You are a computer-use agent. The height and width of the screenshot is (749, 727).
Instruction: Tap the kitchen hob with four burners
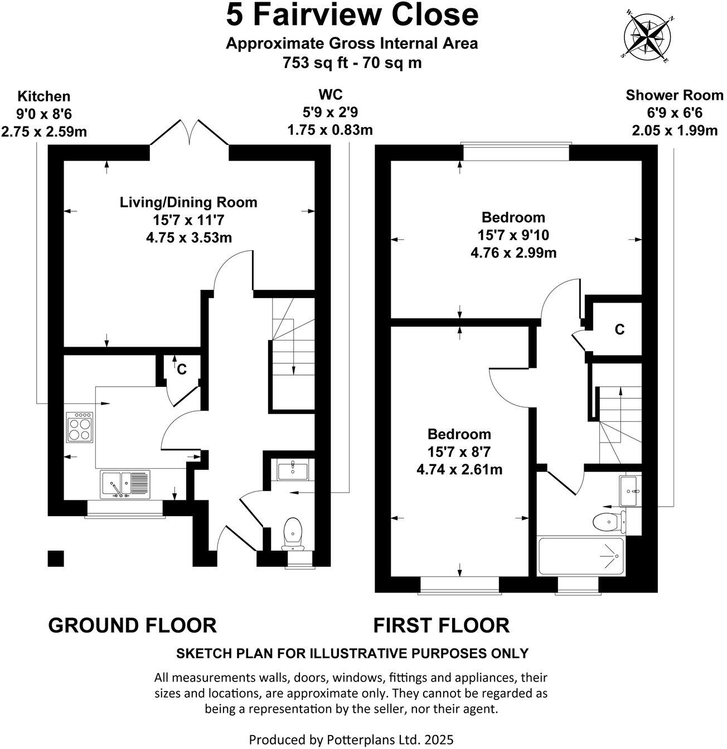79,427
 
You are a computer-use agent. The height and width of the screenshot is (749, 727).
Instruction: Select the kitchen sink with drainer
125,484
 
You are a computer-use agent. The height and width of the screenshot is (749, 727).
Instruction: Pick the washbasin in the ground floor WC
292,469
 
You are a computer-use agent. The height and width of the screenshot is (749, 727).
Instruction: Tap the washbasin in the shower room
631,490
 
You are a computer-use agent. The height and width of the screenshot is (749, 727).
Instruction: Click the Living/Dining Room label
188,202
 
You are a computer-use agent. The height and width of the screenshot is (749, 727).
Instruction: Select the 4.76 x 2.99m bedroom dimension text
513,253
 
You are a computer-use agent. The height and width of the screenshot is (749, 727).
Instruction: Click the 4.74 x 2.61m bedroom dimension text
459,469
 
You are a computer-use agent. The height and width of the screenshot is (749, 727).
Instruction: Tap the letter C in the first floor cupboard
619,329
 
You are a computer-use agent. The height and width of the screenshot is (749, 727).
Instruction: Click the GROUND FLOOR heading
132,625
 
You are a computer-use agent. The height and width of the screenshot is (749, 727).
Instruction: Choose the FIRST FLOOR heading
441,625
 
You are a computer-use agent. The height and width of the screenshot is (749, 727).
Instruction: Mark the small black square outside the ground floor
56,558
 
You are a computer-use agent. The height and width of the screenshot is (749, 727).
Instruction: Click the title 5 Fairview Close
352,15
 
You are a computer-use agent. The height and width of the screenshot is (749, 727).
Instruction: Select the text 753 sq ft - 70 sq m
352,63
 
